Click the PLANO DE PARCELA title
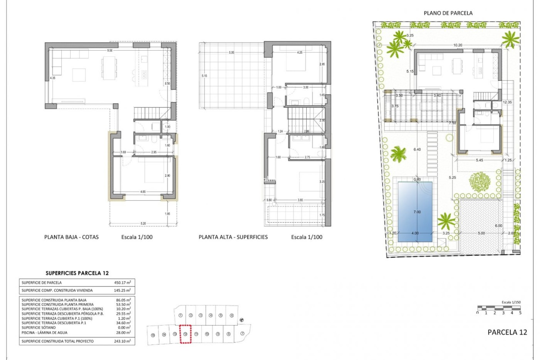448,13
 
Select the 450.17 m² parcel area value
122,283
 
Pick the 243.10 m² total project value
123,341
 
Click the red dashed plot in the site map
185,334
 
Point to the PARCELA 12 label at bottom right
507,332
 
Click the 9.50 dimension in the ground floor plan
110,51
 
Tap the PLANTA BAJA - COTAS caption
71,237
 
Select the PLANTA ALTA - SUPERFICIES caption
233,237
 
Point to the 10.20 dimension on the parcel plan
458,45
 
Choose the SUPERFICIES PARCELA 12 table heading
77,273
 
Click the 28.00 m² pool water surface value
123,332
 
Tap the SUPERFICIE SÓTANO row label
39,328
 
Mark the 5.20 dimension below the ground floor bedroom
143,224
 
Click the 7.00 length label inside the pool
417,212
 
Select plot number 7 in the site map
242,334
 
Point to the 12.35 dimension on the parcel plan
507,102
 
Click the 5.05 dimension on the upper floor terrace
231,53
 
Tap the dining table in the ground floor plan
109,68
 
